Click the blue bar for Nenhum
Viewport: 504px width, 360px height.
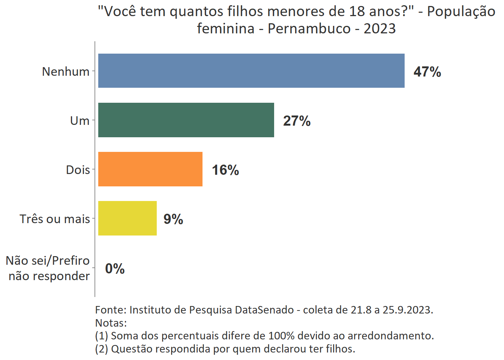pos(251,71)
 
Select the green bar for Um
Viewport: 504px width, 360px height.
pos(186,120)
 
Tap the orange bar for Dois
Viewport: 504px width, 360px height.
pos(150,169)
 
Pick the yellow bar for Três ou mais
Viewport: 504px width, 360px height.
pos(127,218)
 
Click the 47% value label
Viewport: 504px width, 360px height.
pos(427,72)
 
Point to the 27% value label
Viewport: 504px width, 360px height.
pos(297,121)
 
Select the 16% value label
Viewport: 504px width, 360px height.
pos(225,170)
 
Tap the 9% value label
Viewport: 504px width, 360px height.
pos(173,219)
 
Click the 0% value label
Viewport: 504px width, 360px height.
pos(115,268)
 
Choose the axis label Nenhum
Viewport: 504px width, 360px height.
pos(66,71)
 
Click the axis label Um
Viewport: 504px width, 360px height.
pos(79,120)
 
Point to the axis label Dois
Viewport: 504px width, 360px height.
pos(78,169)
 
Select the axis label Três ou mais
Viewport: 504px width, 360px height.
pos(55,219)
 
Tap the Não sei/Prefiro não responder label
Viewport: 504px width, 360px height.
pos(48,268)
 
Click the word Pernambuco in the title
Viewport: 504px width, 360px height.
pos(309,28)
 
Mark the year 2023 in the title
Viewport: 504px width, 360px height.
pos(379,28)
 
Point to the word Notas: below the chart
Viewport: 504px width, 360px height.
pos(111,322)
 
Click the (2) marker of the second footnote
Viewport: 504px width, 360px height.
pos(102,349)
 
